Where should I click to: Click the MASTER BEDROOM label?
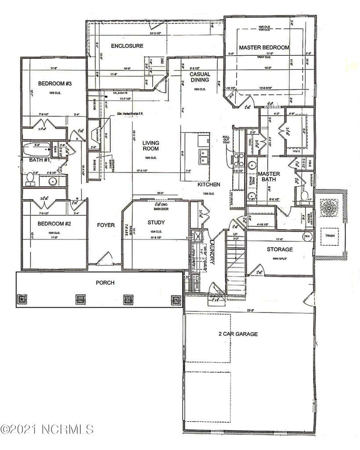264,47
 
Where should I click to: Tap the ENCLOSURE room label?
127,46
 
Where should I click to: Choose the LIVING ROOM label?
150,146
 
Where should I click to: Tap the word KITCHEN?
209,185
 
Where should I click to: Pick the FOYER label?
106,225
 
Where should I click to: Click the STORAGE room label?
280,250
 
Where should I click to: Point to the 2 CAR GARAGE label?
238,334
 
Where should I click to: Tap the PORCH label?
105,283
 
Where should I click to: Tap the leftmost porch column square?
22,300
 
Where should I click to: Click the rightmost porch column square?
176,300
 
